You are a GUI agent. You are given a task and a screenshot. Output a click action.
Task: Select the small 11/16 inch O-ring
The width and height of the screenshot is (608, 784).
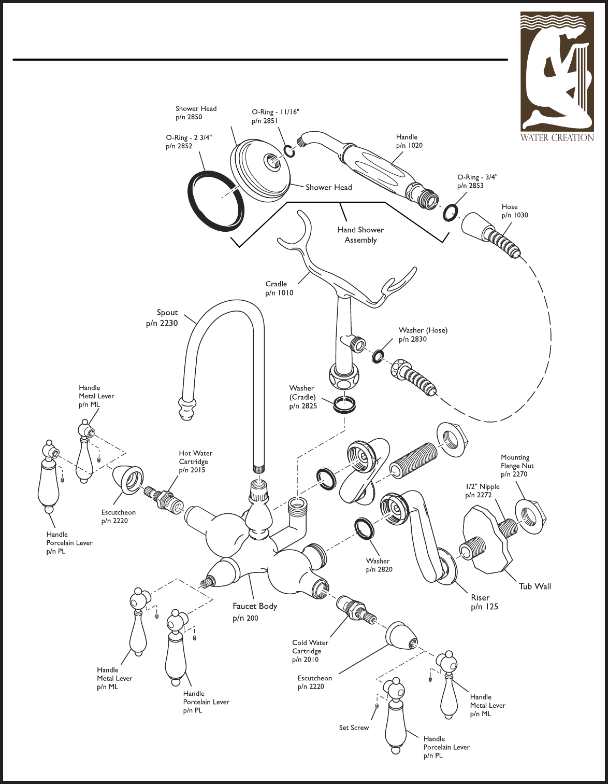click(x=289, y=151)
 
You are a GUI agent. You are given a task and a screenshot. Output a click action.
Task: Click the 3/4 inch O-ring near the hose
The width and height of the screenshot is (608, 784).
click(x=451, y=212)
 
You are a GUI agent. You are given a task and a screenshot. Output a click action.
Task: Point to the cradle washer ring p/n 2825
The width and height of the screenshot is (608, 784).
click(x=344, y=404)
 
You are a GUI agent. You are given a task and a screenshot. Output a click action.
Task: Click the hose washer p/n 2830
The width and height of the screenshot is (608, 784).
click(x=378, y=356)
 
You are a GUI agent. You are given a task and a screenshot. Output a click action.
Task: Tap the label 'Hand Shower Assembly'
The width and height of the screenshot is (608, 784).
click(x=360, y=235)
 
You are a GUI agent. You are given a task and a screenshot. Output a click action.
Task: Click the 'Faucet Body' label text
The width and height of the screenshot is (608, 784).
click(x=255, y=606)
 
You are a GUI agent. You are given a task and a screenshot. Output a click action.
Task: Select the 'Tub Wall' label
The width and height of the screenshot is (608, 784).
click(x=535, y=586)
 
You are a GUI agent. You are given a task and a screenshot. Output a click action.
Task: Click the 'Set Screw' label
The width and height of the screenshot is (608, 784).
click(x=354, y=728)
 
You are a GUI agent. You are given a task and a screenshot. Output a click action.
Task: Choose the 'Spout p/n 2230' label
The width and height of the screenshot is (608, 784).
click(x=162, y=318)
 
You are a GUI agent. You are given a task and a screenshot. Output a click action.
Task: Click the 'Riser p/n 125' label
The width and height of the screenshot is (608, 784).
click(x=484, y=602)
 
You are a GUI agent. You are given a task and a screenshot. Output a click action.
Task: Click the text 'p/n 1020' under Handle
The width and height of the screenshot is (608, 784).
click(x=409, y=146)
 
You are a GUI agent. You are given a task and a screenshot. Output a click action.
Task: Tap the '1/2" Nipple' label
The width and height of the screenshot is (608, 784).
click(x=482, y=486)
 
